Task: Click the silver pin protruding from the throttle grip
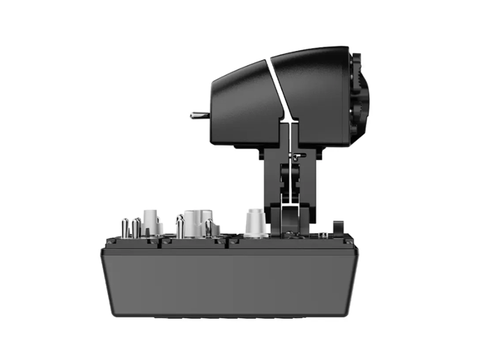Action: tap(199, 115)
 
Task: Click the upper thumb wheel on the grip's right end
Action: tap(363, 78)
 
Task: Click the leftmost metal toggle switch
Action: tap(124, 227)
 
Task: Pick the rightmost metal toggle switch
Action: tap(208, 227)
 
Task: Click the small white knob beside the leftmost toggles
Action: tap(151, 222)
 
